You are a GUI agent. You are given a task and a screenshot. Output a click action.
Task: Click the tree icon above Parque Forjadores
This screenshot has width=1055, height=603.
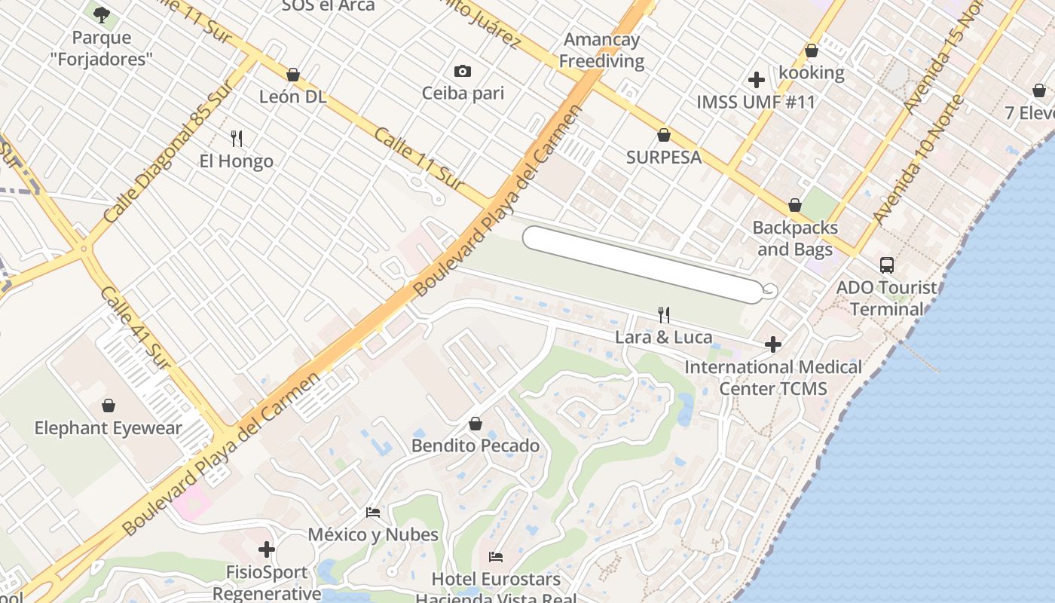tap(102, 14)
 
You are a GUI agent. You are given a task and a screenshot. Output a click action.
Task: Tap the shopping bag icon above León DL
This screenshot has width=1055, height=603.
tap(293, 75)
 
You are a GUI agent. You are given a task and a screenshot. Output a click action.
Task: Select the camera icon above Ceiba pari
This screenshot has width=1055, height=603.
tap(463, 72)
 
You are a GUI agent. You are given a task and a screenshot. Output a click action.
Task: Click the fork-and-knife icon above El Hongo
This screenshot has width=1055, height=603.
tap(237, 139)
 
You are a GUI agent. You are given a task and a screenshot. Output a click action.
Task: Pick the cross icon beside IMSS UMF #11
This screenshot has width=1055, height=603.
tap(757, 80)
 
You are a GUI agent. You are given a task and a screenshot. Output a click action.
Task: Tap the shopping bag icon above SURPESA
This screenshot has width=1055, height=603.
tap(664, 135)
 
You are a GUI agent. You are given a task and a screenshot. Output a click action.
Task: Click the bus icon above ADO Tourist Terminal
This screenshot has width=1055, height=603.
tap(887, 265)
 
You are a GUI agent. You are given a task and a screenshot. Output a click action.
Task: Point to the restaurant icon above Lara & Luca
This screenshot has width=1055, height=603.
tap(664, 314)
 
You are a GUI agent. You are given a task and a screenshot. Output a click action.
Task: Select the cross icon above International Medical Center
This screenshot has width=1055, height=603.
tap(773, 345)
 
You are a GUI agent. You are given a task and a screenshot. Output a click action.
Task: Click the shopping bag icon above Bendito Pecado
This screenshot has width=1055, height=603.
tap(476, 424)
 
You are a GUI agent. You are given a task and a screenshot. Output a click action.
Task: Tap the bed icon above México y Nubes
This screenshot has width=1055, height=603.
tap(373, 513)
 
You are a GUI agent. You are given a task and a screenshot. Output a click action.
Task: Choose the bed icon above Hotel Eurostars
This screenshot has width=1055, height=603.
tap(496, 557)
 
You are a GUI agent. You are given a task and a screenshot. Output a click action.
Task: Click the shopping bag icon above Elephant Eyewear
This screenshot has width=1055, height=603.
tap(109, 406)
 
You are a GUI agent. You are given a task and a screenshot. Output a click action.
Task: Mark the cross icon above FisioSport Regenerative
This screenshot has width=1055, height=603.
tap(267, 549)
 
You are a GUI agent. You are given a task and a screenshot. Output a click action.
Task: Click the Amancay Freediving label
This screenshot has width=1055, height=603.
tap(601, 51)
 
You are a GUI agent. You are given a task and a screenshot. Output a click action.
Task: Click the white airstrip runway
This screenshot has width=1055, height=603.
tap(643, 264)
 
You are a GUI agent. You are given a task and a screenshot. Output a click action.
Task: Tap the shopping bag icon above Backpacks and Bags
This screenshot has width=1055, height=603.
tap(795, 205)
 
